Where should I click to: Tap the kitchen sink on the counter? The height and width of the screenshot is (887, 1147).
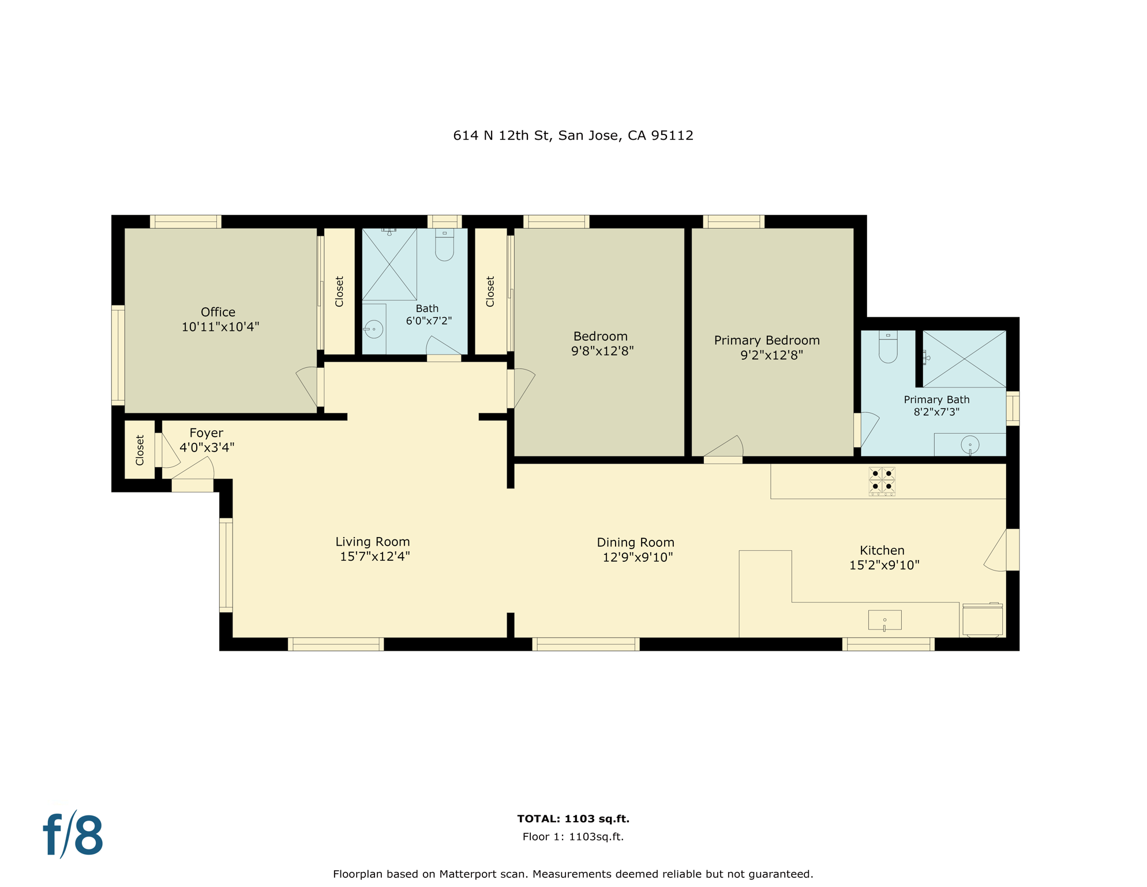pyautogui.click(x=884, y=620)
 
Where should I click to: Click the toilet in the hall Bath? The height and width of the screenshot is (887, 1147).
pyautogui.click(x=444, y=245)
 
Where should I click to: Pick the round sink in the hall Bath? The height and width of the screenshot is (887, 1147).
pyautogui.click(x=374, y=329)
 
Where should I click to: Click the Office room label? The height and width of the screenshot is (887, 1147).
pyautogui.click(x=218, y=312)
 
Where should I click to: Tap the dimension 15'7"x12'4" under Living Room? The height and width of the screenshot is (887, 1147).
pyautogui.click(x=374, y=556)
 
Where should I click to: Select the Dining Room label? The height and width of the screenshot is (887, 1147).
pyautogui.click(x=635, y=542)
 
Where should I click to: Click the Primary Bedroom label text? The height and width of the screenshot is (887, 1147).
pyautogui.click(x=767, y=340)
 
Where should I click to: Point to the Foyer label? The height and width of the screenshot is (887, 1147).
pyautogui.click(x=206, y=433)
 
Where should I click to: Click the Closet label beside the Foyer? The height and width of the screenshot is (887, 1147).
pyautogui.click(x=140, y=450)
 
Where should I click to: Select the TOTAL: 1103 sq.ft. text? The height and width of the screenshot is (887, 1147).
pyautogui.click(x=573, y=818)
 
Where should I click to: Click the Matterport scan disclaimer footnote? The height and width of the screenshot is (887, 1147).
pyautogui.click(x=573, y=874)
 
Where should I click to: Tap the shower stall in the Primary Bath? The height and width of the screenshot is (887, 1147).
pyautogui.click(x=964, y=359)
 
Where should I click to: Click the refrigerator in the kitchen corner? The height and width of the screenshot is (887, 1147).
pyautogui.click(x=982, y=620)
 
